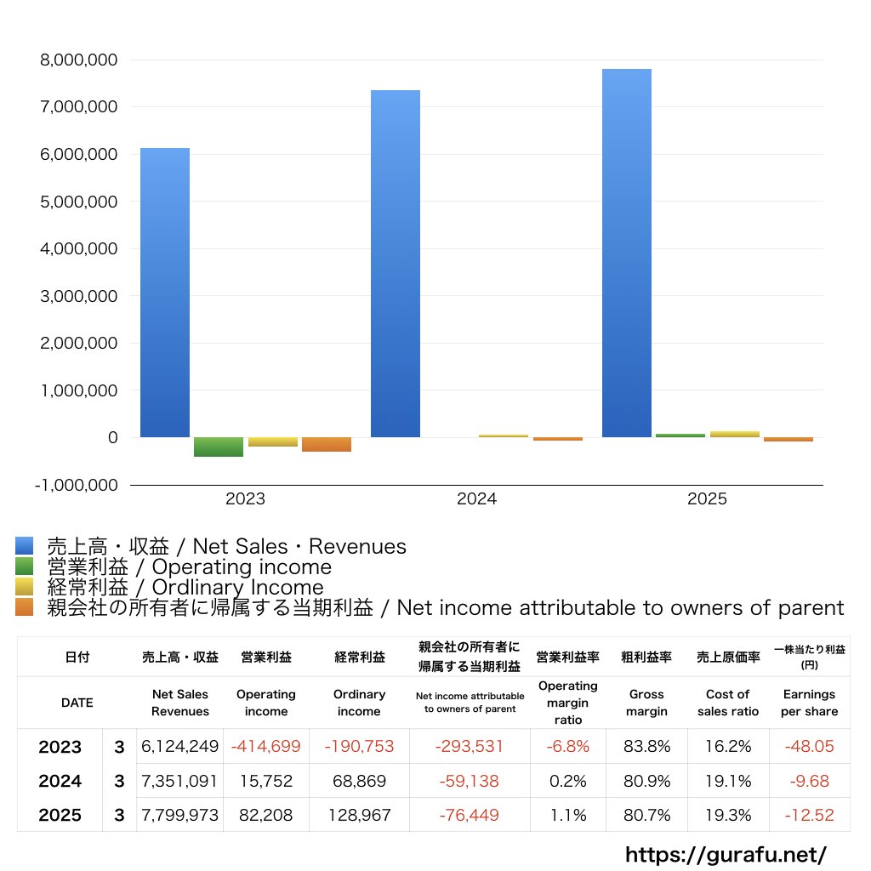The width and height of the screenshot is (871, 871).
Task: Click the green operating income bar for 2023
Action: click(219, 447)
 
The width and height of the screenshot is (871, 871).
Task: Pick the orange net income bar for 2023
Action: click(327, 444)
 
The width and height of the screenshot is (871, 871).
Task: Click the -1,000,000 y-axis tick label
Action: click(76, 485)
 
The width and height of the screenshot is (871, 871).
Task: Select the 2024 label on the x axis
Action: click(476, 499)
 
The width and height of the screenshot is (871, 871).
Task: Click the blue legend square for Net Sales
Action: click(24, 546)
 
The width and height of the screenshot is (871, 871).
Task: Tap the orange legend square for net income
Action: click(24, 607)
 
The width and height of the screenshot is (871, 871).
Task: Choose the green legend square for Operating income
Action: click(24, 566)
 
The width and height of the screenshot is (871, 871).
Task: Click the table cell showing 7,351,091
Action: click(179, 781)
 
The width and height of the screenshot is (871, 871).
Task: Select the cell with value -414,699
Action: click(265, 747)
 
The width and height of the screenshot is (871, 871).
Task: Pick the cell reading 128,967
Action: click(359, 815)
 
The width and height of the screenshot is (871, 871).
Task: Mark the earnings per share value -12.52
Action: click(808, 815)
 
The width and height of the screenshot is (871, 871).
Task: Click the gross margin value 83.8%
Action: click(646, 747)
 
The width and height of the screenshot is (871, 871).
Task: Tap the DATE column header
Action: click(77, 703)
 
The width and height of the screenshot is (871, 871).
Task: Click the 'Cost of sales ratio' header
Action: click(727, 703)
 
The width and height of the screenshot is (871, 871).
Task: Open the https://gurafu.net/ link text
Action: click(726, 854)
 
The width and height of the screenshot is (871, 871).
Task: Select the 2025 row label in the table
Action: click(60, 815)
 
